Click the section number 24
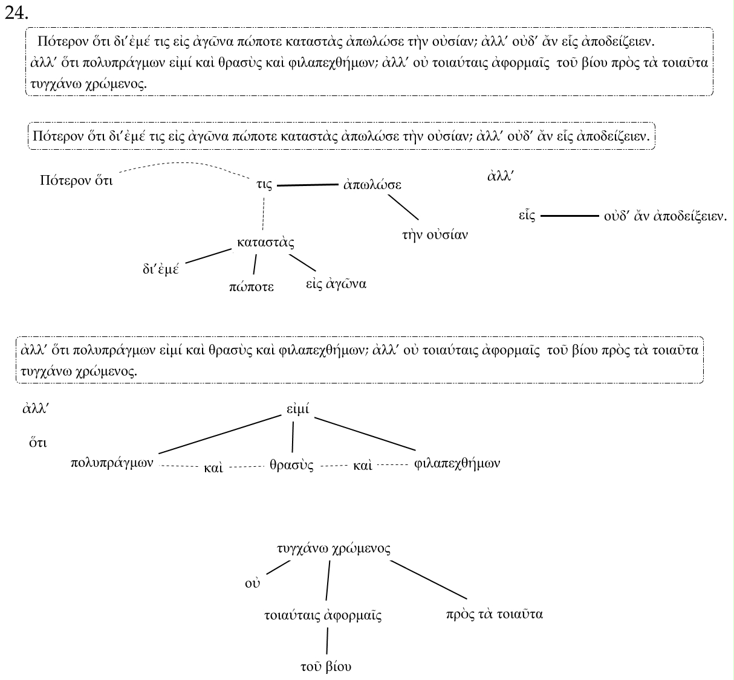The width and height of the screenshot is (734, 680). (16, 13)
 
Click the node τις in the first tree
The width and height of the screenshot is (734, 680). (264, 185)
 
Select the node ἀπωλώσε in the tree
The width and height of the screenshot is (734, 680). (372, 185)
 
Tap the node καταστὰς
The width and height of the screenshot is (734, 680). (266, 243)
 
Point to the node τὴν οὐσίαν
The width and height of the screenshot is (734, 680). (435, 234)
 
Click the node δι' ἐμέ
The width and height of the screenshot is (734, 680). (161, 269)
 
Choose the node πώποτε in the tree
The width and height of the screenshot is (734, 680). (252, 286)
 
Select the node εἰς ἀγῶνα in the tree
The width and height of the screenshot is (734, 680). (336, 283)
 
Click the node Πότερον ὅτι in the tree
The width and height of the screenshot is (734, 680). (76, 180)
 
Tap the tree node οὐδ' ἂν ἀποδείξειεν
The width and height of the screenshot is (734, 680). (665, 216)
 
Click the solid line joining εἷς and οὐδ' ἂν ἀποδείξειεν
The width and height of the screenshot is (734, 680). (570, 216)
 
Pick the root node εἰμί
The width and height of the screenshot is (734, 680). (298, 409)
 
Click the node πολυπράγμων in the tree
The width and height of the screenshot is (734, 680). (112, 463)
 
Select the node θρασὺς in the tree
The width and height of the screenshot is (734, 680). (291, 465)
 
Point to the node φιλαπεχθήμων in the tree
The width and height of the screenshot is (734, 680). (458, 464)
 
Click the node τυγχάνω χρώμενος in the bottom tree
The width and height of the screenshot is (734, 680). (333, 548)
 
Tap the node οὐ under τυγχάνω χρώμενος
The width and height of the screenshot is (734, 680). (252, 583)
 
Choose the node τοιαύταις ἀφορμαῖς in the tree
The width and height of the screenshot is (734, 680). (323, 616)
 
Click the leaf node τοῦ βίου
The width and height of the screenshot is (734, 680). (326, 667)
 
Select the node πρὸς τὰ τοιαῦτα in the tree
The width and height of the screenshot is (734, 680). (494, 614)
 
